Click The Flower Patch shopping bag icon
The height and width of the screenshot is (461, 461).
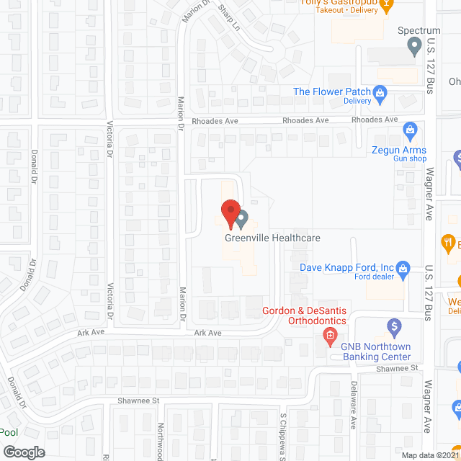(381, 92)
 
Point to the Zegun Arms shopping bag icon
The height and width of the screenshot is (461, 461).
(410, 130)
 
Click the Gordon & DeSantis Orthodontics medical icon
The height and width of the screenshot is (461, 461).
(330, 335)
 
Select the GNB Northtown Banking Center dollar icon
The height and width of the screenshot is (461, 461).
(394, 328)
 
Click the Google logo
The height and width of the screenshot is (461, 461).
(24, 452)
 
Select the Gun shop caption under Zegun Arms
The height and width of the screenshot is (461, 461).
(410, 158)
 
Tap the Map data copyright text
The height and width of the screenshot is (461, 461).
(430, 455)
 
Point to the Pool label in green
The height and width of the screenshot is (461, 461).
(9, 432)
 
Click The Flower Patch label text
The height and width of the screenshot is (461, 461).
(331, 91)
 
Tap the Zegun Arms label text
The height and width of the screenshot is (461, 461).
(399, 150)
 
